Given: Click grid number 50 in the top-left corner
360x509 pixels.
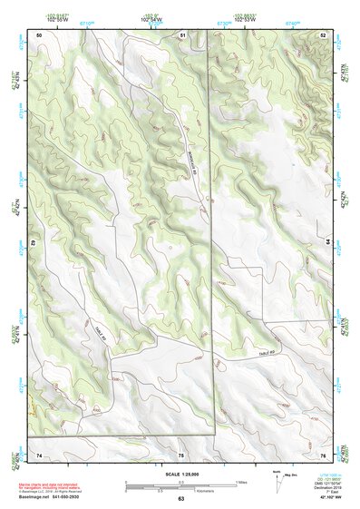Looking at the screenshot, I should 39,34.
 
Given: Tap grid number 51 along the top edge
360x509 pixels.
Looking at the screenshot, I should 182,34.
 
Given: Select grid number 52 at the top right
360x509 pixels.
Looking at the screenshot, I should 322,34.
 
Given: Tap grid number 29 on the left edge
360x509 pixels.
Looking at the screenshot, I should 33,243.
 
